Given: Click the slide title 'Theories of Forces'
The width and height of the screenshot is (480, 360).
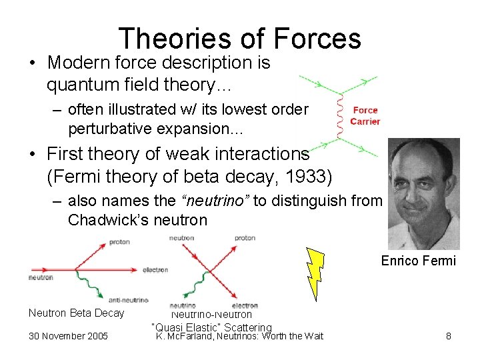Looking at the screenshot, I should pyautogui.click(x=239, y=39).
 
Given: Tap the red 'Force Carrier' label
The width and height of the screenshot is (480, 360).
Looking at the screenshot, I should pyautogui.click(x=365, y=116).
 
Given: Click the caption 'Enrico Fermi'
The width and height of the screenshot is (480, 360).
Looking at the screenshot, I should pyautogui.click(x=418, y=261).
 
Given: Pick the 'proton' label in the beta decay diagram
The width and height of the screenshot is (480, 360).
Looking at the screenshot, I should pyautogui.click(x=119, y=241).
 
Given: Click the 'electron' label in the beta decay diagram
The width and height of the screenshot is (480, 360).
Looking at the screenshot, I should pyautogui.click(x=155, y=270).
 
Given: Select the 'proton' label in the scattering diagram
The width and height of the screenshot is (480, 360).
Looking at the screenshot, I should pyautogui.click(x=245, y=238).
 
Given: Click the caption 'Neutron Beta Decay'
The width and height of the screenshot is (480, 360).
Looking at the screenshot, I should pyautogui.click(x=76, y=313).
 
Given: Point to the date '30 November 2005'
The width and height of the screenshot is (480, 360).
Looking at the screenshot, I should pyautogui.click(x=68, y=336).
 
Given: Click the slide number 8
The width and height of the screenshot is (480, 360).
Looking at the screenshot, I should pyautogui.click(x=449, y=336).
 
